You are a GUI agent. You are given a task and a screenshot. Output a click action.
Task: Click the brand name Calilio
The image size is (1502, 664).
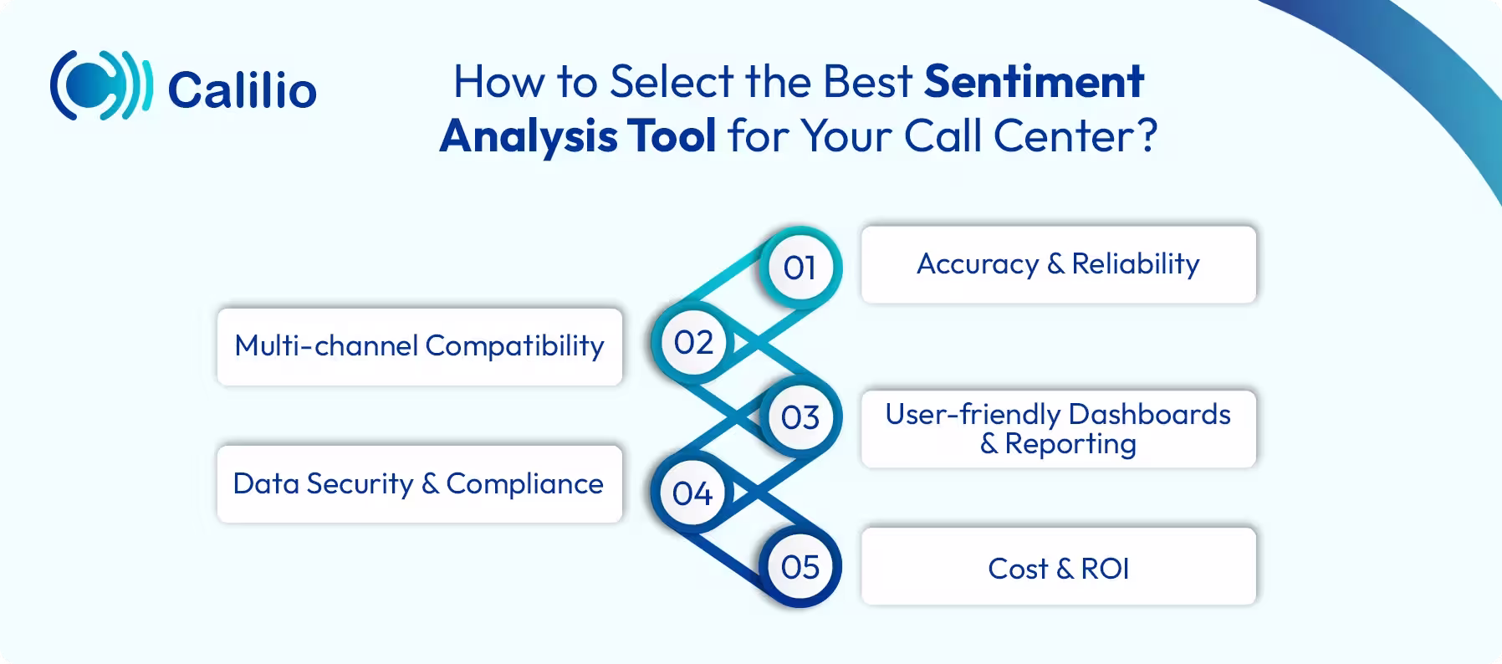pos(242,89)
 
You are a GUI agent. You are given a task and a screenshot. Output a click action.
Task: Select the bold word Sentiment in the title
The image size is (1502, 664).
pos(1034,81)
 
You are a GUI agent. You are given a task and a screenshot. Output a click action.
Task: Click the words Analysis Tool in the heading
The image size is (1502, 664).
pos(578,135)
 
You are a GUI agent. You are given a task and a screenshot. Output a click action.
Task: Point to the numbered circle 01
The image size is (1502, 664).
pos(800,268)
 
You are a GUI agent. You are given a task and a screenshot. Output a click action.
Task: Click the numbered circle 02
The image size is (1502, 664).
pos(693,342)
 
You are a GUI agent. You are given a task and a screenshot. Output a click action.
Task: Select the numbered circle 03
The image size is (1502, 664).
pos(800,416)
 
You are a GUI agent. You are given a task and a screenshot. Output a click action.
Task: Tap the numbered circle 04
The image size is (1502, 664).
pos(692,493)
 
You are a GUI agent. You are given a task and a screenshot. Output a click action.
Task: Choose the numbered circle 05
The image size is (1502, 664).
pos(800,567)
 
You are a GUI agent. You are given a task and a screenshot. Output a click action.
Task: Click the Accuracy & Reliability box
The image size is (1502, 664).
pos(1058,264)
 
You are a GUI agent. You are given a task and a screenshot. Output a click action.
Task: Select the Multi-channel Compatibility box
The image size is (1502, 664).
pos(419,346)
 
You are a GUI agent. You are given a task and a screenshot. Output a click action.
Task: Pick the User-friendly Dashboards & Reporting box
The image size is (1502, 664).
pos(1058,428)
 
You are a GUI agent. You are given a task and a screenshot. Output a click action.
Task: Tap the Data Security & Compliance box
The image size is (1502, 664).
pos(419,483)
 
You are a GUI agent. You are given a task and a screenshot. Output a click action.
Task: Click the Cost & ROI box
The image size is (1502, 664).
pos(1058,568)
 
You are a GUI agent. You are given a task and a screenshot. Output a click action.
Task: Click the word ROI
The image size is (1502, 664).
pos(1105,569)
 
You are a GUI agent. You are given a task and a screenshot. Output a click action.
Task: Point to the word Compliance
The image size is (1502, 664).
pos(524,483)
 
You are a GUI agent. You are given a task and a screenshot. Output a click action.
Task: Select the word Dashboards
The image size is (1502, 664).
pos(1148,414)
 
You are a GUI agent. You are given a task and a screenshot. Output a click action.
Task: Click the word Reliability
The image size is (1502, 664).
pos(1135,263)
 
